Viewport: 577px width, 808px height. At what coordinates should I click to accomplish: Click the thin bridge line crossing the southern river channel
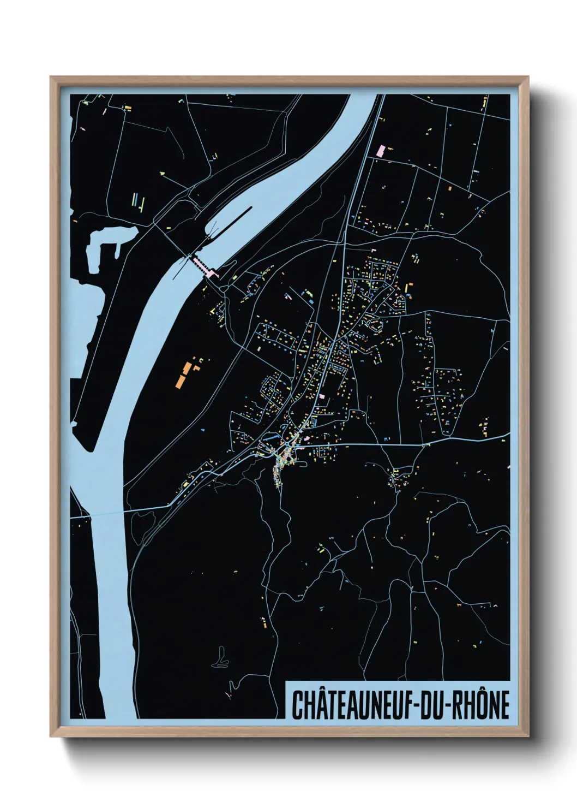109,513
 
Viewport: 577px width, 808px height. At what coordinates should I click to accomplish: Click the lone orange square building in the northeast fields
450,188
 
